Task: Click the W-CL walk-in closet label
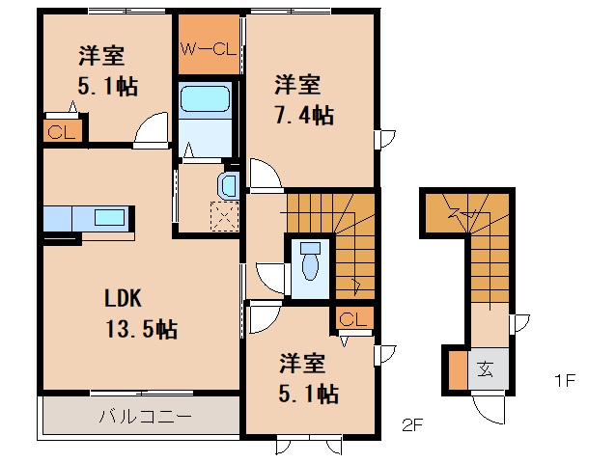coord(207,45)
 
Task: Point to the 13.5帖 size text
coord(140,329)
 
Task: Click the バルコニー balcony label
coord(145,418)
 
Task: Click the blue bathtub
coord(205,99)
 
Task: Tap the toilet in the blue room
coord(311,259)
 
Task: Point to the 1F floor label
coord(564,379)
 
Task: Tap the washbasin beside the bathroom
coord(231,183)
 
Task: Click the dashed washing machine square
coord(223,216)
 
